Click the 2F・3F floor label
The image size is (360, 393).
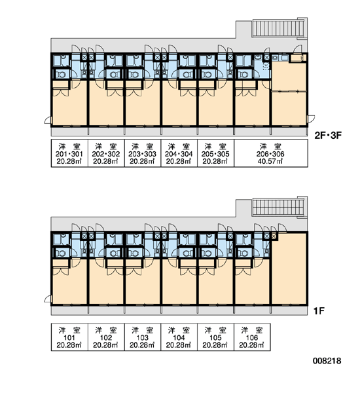[x=328, y=136]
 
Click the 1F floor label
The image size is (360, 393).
[x=319, y=311]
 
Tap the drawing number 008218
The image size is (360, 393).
[x=327, y=361]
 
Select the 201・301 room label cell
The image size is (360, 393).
[x=69, y=153]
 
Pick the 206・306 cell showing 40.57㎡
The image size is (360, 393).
[x=271, y=153]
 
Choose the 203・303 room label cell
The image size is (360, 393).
[x=143, y=153]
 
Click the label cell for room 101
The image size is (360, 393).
[x=69, y=337]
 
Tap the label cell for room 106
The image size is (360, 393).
[x=252, y=337]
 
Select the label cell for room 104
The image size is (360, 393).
[x=179, y=337]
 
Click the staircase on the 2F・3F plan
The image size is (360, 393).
[x=278, y=28]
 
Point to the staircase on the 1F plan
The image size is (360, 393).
[x=278, y=207]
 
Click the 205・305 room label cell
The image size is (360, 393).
[x=216, y=153]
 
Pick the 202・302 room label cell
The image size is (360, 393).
[x=106, y=153]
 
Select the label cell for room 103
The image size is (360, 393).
[x=143, y=337]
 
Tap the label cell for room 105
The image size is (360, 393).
[x=216, y=337]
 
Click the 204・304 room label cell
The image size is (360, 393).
[x=179, y=153]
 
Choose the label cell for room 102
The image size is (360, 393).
[x=106, y=337]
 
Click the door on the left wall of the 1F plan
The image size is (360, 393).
[x=48, y=299]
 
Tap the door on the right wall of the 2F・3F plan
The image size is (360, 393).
[x=311, y=119]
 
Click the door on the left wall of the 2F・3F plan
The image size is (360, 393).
[x=48, y=121]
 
